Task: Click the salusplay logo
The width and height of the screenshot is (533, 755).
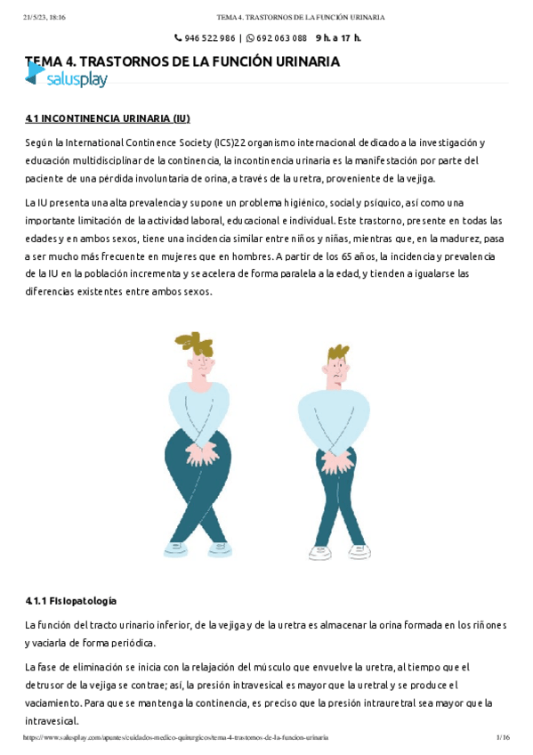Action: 66,79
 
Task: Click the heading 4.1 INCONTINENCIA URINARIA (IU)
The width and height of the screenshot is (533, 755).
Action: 108,118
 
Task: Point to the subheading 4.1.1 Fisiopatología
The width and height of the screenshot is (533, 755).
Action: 71,601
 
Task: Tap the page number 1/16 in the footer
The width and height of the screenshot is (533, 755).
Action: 503,738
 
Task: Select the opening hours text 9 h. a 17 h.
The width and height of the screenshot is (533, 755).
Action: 338,38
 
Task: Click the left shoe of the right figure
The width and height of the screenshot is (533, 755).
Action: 319,551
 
